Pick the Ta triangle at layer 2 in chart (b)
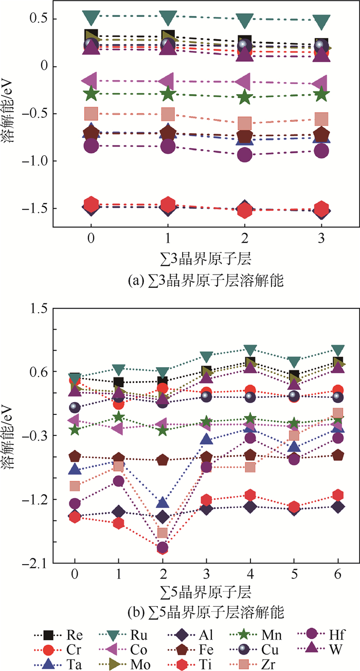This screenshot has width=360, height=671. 163,502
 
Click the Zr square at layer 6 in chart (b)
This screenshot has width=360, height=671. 338,413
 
